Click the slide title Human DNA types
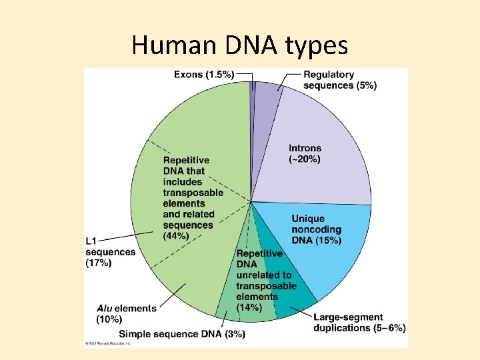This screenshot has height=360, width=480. [239, 45]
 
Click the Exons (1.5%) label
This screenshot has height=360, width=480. [203, 75]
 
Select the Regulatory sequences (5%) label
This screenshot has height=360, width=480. [339, 80]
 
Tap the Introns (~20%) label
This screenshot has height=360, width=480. [305, 154]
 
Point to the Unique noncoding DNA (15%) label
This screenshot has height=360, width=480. [316, 229]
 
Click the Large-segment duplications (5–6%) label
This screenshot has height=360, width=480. [359, 323]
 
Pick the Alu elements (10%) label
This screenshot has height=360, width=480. [126, 313]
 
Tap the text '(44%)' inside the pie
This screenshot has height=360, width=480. [175, 236]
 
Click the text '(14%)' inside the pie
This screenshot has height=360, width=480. [248, 307]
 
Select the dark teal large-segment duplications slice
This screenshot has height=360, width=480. [287, 293]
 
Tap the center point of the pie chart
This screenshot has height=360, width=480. [251, 202]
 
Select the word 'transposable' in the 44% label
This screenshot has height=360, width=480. [193, 193]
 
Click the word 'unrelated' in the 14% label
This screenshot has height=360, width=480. [264, 275]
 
